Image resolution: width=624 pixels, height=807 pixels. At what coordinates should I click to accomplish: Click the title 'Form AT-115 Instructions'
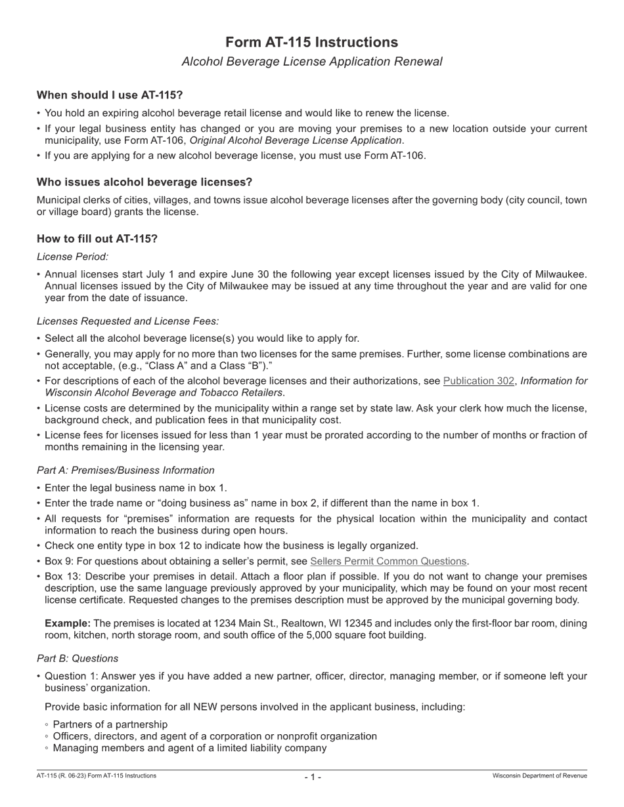[311, 43]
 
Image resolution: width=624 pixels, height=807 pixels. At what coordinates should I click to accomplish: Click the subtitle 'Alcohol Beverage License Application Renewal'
[311, 62]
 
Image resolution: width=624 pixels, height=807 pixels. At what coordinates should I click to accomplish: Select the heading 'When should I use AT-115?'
[110, 95]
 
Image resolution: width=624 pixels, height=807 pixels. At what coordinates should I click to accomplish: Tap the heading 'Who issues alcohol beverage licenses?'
[144, 182]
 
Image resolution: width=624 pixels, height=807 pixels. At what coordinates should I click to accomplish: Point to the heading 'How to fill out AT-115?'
[97, 239]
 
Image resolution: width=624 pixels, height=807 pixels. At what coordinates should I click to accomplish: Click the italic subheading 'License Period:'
[72, 257]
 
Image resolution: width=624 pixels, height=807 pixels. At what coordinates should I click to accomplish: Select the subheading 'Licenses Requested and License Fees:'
[127, 321]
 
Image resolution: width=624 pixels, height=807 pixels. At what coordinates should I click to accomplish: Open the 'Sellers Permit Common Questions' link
[388, 561]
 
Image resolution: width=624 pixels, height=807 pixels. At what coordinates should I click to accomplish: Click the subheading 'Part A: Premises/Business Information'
[125, 470]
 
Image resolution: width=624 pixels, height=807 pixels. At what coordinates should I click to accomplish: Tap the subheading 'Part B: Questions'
[78, 658]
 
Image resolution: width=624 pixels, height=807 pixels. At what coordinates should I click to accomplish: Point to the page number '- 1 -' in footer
[313, 777]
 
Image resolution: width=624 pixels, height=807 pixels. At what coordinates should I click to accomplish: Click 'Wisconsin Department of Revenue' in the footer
[540, 776]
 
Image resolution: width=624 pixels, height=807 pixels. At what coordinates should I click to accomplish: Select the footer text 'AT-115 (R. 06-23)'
[64, 776]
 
